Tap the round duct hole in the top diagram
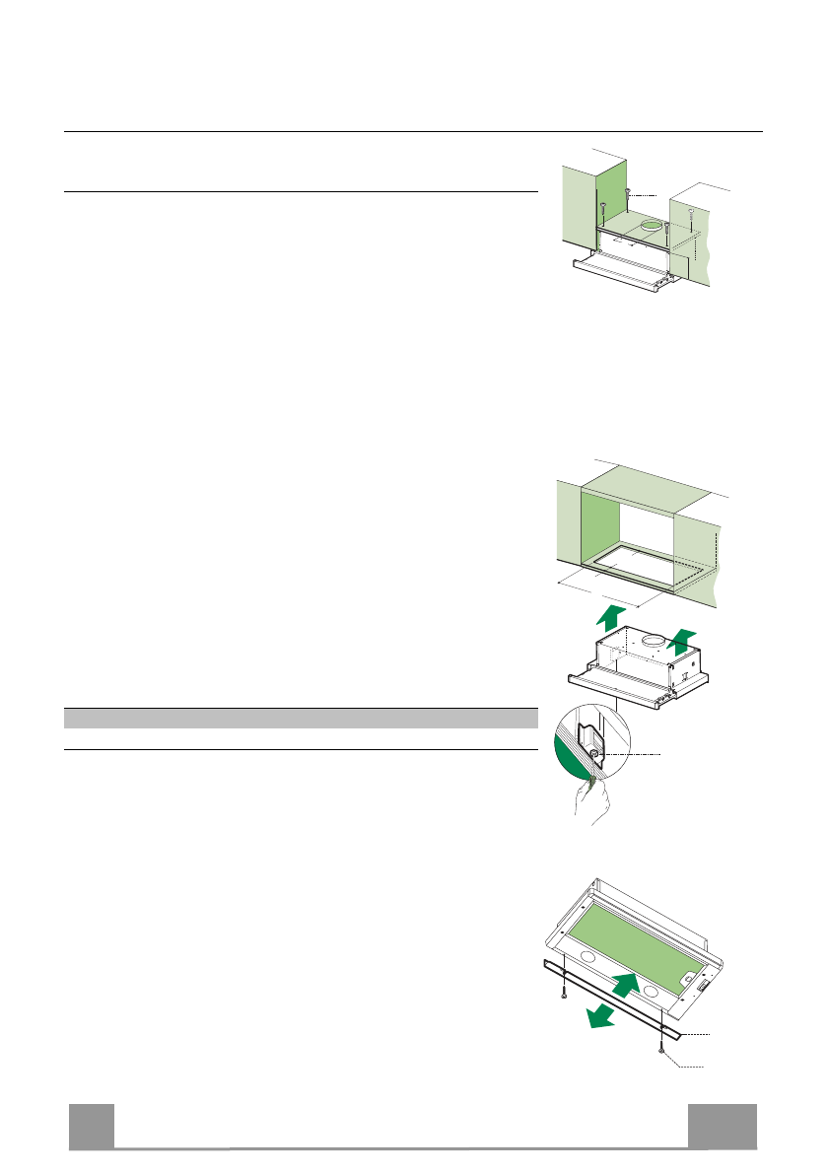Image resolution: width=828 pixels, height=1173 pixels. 651,228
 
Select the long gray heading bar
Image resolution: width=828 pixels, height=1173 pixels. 301,718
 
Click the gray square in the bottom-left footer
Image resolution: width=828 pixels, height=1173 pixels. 91,1126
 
